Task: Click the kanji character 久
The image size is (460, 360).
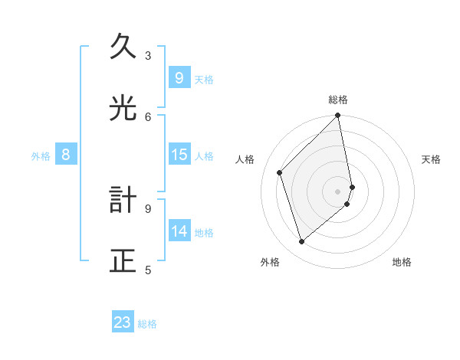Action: (x=123, y=47)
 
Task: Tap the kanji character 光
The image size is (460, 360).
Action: (x=123, y=108)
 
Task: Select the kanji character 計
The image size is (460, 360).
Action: (x=123, y=200)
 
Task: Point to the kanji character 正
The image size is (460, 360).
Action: (x=123, y=260)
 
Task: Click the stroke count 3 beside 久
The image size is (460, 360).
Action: (x=148, y=55)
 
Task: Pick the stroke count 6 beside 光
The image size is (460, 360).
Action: (x=148, y=116)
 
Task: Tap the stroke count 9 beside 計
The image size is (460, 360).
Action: (x=148, y=208)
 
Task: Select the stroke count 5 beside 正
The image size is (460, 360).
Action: (x=148, y=269)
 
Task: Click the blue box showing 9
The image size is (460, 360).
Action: (x=179, y=78)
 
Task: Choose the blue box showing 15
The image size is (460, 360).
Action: (x=179, y=155)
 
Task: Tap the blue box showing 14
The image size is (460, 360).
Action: (x=179, y=231)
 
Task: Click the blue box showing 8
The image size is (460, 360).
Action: (x=66, y=155)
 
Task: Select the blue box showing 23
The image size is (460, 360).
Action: (x=123, y=323)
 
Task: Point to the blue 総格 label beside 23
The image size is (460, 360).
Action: (x=148, y=324)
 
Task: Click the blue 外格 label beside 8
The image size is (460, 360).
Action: (x=41, y=156)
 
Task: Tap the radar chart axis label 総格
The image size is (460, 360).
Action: (x=338, y=100)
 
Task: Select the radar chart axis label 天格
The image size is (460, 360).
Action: (x=431, y=159)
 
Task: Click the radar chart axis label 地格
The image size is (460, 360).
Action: (x=402, y=263)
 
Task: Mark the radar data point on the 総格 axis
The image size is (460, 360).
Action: (x=338, y=116)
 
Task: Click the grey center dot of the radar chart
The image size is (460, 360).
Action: (x=338, y=191)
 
